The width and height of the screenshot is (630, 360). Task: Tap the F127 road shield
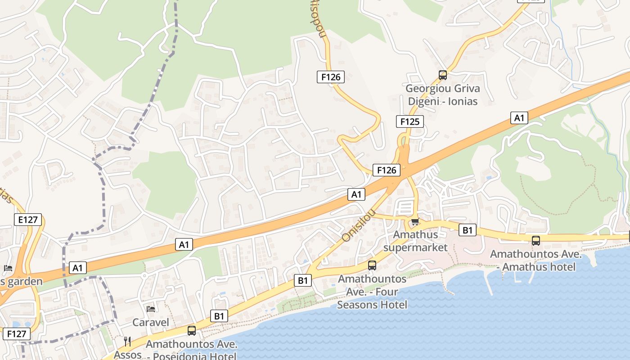(x=17, y=334)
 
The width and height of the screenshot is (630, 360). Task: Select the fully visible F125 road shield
(x=410, y=121)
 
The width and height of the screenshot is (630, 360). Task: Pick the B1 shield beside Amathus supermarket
(x=468, y=230)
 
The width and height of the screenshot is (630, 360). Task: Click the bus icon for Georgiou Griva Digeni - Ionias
(x=443, y=75)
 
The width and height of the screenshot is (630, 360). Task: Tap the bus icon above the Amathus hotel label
(x=536, y=240)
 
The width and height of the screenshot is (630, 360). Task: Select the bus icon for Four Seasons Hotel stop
(x=372, y=265)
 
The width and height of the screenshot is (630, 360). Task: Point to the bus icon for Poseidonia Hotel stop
(x=192, y=331)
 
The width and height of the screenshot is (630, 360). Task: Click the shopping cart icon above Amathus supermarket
(x=415, y=221)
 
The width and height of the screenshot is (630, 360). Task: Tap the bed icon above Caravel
(x=151, y=309)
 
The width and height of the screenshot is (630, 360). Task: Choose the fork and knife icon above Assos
(x=127, y=342)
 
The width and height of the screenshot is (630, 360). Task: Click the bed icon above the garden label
(x=8, y=268)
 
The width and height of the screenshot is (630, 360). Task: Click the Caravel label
(x=151, y=322)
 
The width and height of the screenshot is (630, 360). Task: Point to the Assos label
(x=128, y=355)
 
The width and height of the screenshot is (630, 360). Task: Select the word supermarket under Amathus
(x=415, y=247)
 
